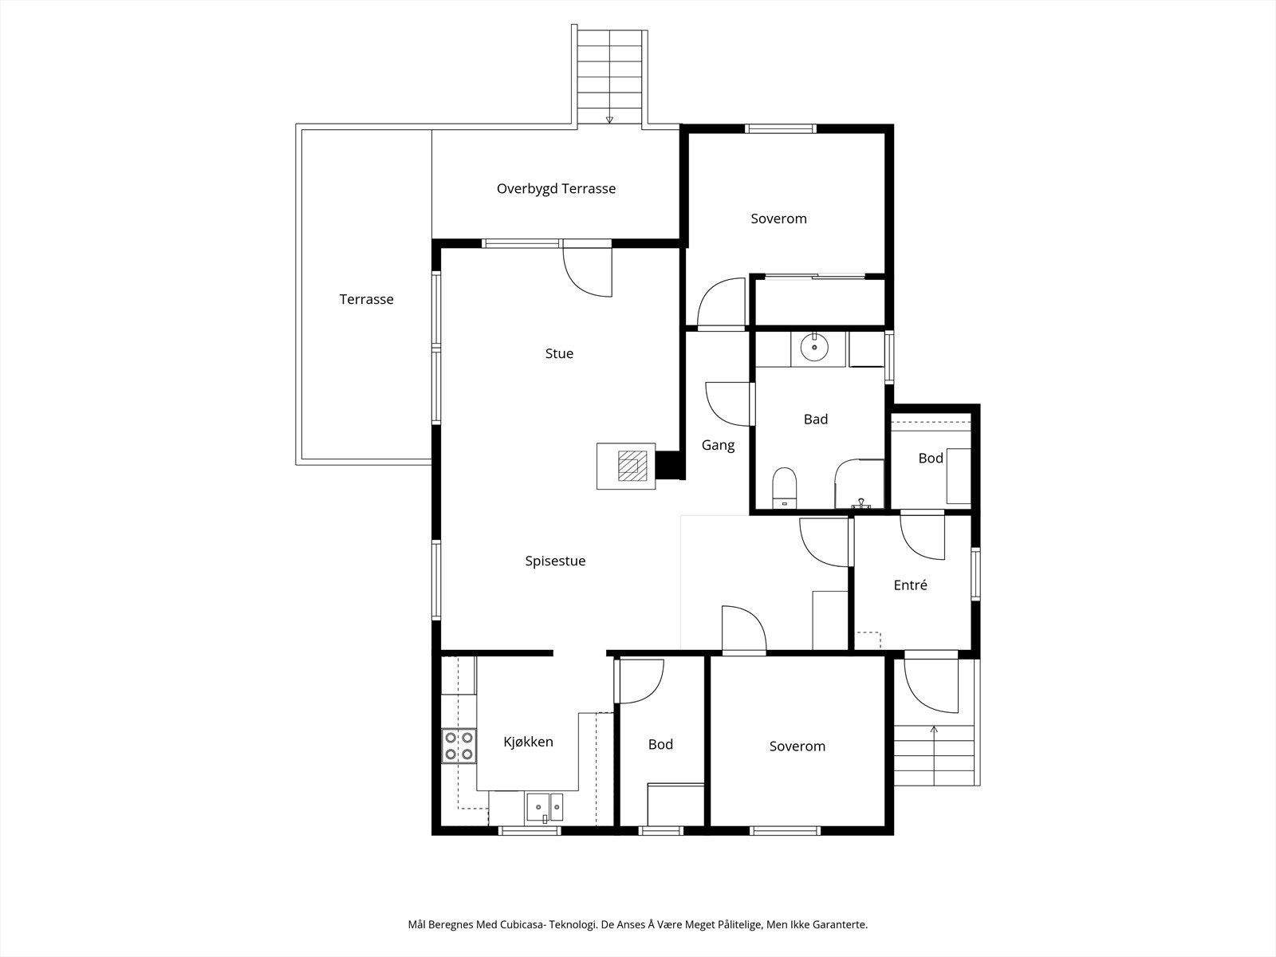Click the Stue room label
click(559, 353)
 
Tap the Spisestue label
click(555, 561)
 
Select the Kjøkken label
click(528, 742)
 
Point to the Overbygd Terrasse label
click(557, 189)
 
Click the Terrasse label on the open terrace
click(366, 299)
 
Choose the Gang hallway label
click(718, 445)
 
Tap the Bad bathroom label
click(816, 419)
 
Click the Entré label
click(911, 585)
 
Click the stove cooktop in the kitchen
click(459, 746)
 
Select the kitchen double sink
click(545, 807)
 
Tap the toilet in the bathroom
click(784, 487)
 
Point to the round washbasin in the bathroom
click(814, 348)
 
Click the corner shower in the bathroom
click(859, 484)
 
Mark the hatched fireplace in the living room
click(632, 466)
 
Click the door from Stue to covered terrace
click(588, 272)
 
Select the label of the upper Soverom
click(778, 219)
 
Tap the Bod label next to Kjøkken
click(660, 744)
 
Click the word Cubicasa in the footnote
click(522, 924)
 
